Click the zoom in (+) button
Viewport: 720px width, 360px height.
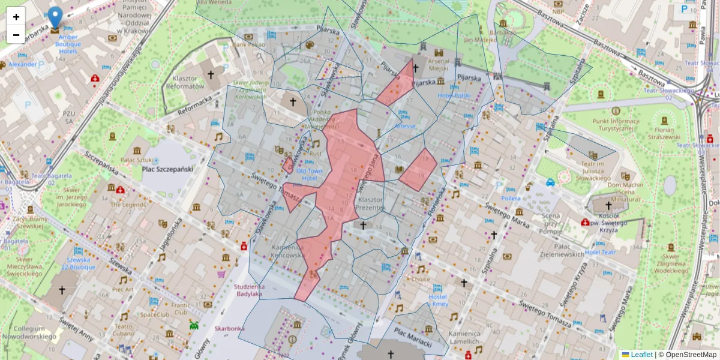coord(16,17)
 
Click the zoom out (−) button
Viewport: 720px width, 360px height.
coord(16,35)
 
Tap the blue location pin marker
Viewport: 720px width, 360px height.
coord(55,19)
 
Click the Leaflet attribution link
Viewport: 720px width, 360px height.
coord(641,355)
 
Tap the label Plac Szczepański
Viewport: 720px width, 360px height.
coord(167,170)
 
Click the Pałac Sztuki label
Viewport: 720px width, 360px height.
coord(138,160)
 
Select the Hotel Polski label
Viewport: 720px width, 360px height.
coord(454,95)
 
